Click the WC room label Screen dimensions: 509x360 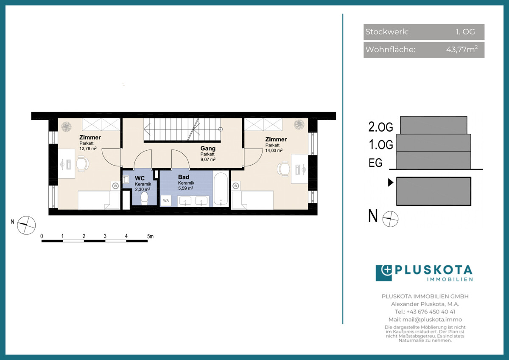pyautogui.click(x=140, y=178)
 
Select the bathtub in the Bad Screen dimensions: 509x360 pyautogui.click(x=221, y=189)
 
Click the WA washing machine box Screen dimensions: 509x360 pyautogui.click(x=166, y=200)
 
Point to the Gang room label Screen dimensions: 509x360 pyautogui.click(x=208, y=148)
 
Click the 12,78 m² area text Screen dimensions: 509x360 pyautogui.click(x=88, y=149)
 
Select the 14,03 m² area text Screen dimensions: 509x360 pyautogui.click(x=274, y=150)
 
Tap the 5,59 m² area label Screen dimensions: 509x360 pyautogui.click(x=186, y=188)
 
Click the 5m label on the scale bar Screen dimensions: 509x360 pyautogui.click(x=150, y=236)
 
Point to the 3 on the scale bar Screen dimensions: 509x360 pyautogui.click(x=105, y=236)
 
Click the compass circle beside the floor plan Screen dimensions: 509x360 pyautogui.click(x=26, y=225)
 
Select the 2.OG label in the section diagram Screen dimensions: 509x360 pyautogui.click(x=380, y=127)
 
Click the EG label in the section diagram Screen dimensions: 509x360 pyautogui.click(x=375, y=163)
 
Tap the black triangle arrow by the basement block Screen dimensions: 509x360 pyautogui.click(x=391, y=183)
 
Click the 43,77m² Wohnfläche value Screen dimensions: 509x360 pyautogui.click(x=462, y=49)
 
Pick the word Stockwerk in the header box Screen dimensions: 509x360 pyautogui.click(x=387, y=32)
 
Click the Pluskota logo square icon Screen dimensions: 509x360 pyautogui.click(x=384, y=273)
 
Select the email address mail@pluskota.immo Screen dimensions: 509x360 pyautogui.click(x=432, y=320)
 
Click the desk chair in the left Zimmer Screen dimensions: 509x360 pyautogui.click(x=82, y=163)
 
